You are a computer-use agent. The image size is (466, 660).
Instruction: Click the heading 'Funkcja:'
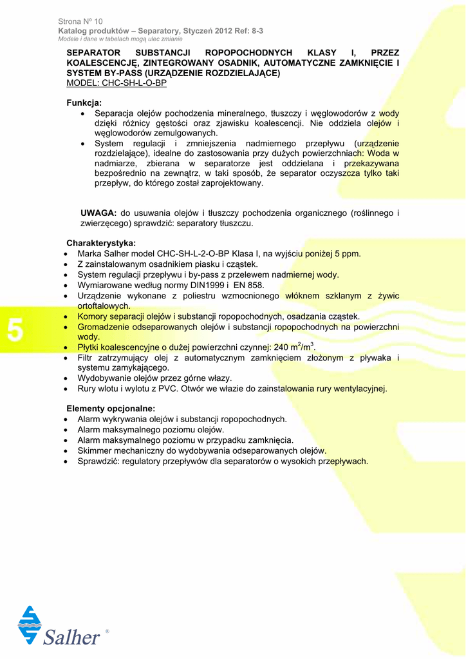tap(84, 102)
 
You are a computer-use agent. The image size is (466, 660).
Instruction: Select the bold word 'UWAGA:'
tap(98, 213)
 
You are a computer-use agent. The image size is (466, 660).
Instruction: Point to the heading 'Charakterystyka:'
tap(101, 243)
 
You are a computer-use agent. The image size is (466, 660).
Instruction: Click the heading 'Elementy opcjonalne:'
tap(111, 409)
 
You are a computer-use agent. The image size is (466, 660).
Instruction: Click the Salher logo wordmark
tap(71, 637)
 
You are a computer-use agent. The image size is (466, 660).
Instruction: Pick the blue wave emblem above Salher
tap(30, 624)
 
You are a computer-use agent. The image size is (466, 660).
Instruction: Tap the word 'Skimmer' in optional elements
tap(95, 451)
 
